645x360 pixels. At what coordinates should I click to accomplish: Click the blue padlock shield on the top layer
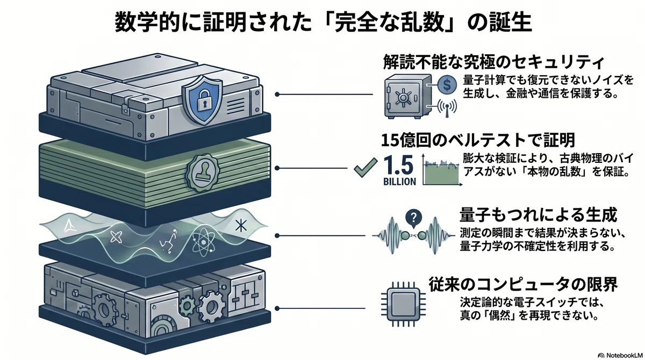click(203, 99)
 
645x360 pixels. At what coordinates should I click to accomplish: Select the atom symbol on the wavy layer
click(203, 241)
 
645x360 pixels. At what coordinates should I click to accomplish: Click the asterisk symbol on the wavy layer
click(240, 226)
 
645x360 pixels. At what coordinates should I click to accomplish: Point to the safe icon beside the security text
click(408, 96)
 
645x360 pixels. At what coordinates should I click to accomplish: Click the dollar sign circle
click(447, 84)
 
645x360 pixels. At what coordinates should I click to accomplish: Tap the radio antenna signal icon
click(447, 108)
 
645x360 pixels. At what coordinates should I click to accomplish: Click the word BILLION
click(400, 182)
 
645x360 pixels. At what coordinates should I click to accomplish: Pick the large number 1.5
click(399, 165)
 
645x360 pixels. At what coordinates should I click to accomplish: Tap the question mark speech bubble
click(413, 218)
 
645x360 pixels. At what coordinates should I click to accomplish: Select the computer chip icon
click(403, 305)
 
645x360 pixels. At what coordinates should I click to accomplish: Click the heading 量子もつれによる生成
click(538, 215)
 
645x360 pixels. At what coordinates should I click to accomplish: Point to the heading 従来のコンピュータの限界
click(523, 284)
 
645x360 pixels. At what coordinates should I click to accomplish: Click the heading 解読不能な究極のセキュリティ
click(493, 62)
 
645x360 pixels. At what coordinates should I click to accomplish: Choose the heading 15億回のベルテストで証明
click(478, 140)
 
